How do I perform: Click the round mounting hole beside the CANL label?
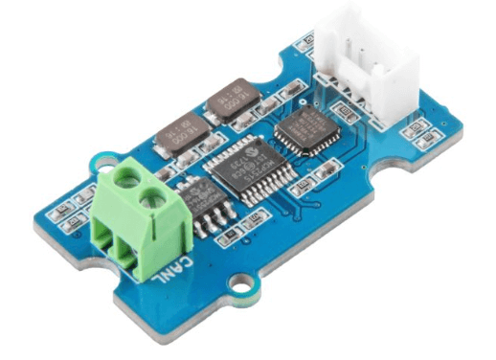click(x=243, y=282)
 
